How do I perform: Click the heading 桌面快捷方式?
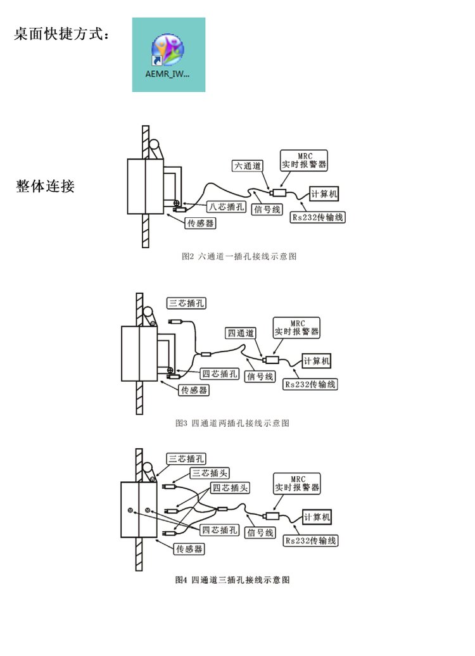pos(61,34)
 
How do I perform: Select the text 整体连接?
pos(46,186)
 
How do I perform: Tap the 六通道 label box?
pos(244,166)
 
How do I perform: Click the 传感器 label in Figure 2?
pos(199,223)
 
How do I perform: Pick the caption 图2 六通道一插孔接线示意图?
pos(239,256)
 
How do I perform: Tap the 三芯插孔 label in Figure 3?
pos(187,303)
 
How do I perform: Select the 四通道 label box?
pos(241,332)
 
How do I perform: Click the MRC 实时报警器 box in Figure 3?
pos(297,327)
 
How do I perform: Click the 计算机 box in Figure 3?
pos(317,361)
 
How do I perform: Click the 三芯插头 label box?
pos(210,473)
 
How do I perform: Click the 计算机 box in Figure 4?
pos(317,517)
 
